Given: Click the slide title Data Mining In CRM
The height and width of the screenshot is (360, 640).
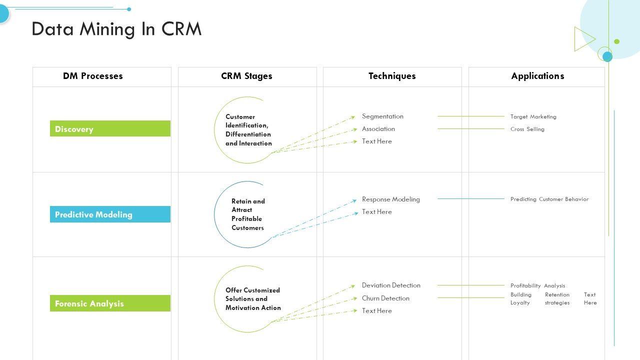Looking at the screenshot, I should pyautogui.click(x=116, y=29).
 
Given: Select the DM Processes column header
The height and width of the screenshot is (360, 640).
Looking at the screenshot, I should pyautogui.click(x=92, y=76).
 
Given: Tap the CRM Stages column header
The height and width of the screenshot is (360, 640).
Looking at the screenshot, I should pyautogui.click(x=246, y=76).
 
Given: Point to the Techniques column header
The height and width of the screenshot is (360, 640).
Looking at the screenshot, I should pyautogui.click(x=392, y=76).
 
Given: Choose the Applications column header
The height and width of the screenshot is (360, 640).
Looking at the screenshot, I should pyautogui.click(x=537, y=76).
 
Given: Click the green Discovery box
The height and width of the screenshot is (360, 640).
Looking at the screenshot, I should pyautogui.click(x=110, y=128).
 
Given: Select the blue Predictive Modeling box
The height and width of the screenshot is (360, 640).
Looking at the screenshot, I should pyautogui.click(x=110, y=214).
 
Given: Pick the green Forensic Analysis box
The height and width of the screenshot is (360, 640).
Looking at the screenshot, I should pyautogui.click(x=110, y=303).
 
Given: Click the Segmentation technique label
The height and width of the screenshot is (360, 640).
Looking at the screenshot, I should pyautogui.click(x=382, y=116).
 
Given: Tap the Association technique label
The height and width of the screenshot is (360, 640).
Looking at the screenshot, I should pyautogui.click(x=378, y=129).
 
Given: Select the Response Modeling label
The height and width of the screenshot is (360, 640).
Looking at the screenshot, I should pyautogui.click(x=391, y=199).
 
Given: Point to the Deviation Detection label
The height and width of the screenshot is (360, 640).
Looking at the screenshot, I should pyautogui.click(x=391, y=285).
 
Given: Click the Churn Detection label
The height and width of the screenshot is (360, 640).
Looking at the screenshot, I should pyautogui.click(x=385, y=298).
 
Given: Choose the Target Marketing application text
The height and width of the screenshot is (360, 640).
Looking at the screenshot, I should pyautogui.click(x=533, y=117).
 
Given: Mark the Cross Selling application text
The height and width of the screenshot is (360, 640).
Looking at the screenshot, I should pyautogui.click(x=527, y=129).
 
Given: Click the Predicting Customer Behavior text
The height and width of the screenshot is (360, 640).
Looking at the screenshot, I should pyautogui.click(x=549, y=199).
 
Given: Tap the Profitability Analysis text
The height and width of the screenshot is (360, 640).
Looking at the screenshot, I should pyautogui.click(x=537, y=286).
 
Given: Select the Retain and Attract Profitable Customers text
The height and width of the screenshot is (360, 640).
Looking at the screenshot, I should pyautogui.click(x=248, y=214).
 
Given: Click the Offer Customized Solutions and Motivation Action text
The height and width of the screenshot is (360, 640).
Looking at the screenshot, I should pyautogui.click(x=252, y=299).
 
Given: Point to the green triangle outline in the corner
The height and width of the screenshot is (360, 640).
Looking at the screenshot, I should pyautogui.click(x=583, y=39).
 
